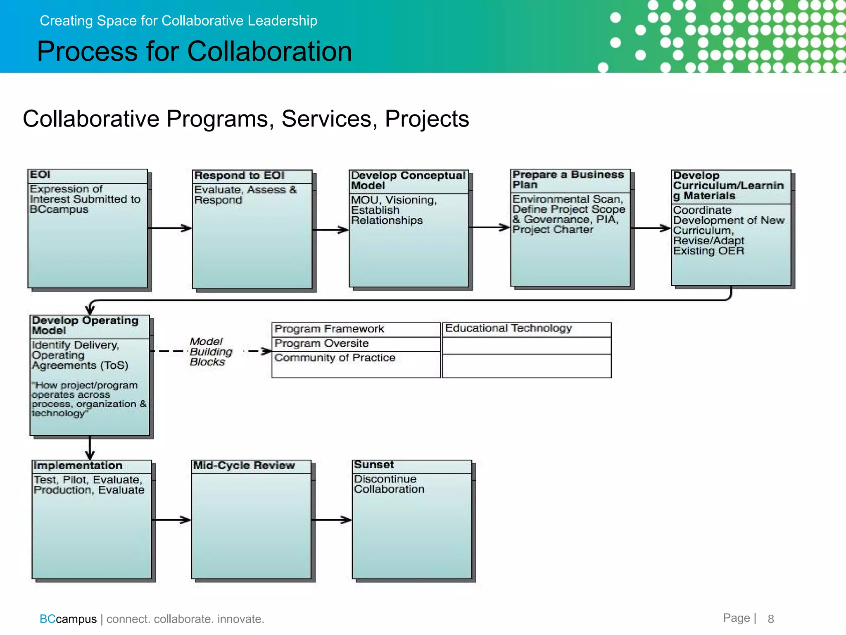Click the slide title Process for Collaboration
click(x=194, y=51)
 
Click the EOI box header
click(x=40, y=175)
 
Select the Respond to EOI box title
click(x=240, y=176)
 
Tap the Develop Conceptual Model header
click(x=408, y=181)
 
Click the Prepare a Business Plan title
click(x=568, y=180)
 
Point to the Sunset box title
click(x=374, y=465)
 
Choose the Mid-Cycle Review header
click(x=244, y=466)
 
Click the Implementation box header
click(x=78, y=466)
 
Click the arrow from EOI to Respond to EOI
click(x=170, y=228)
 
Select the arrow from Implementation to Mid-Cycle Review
click(x=171, y=520)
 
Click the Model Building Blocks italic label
click(x=211, y=352)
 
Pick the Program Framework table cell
click(x=330, y=329)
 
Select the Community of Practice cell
click(x=335, y=358)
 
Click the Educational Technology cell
click(x=509, y=329)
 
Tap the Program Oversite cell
click(x=322, y=344)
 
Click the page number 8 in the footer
click(x=770, y=619)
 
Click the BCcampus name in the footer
click(x=68, y=619)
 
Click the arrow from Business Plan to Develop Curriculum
click(x=651, y=228)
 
